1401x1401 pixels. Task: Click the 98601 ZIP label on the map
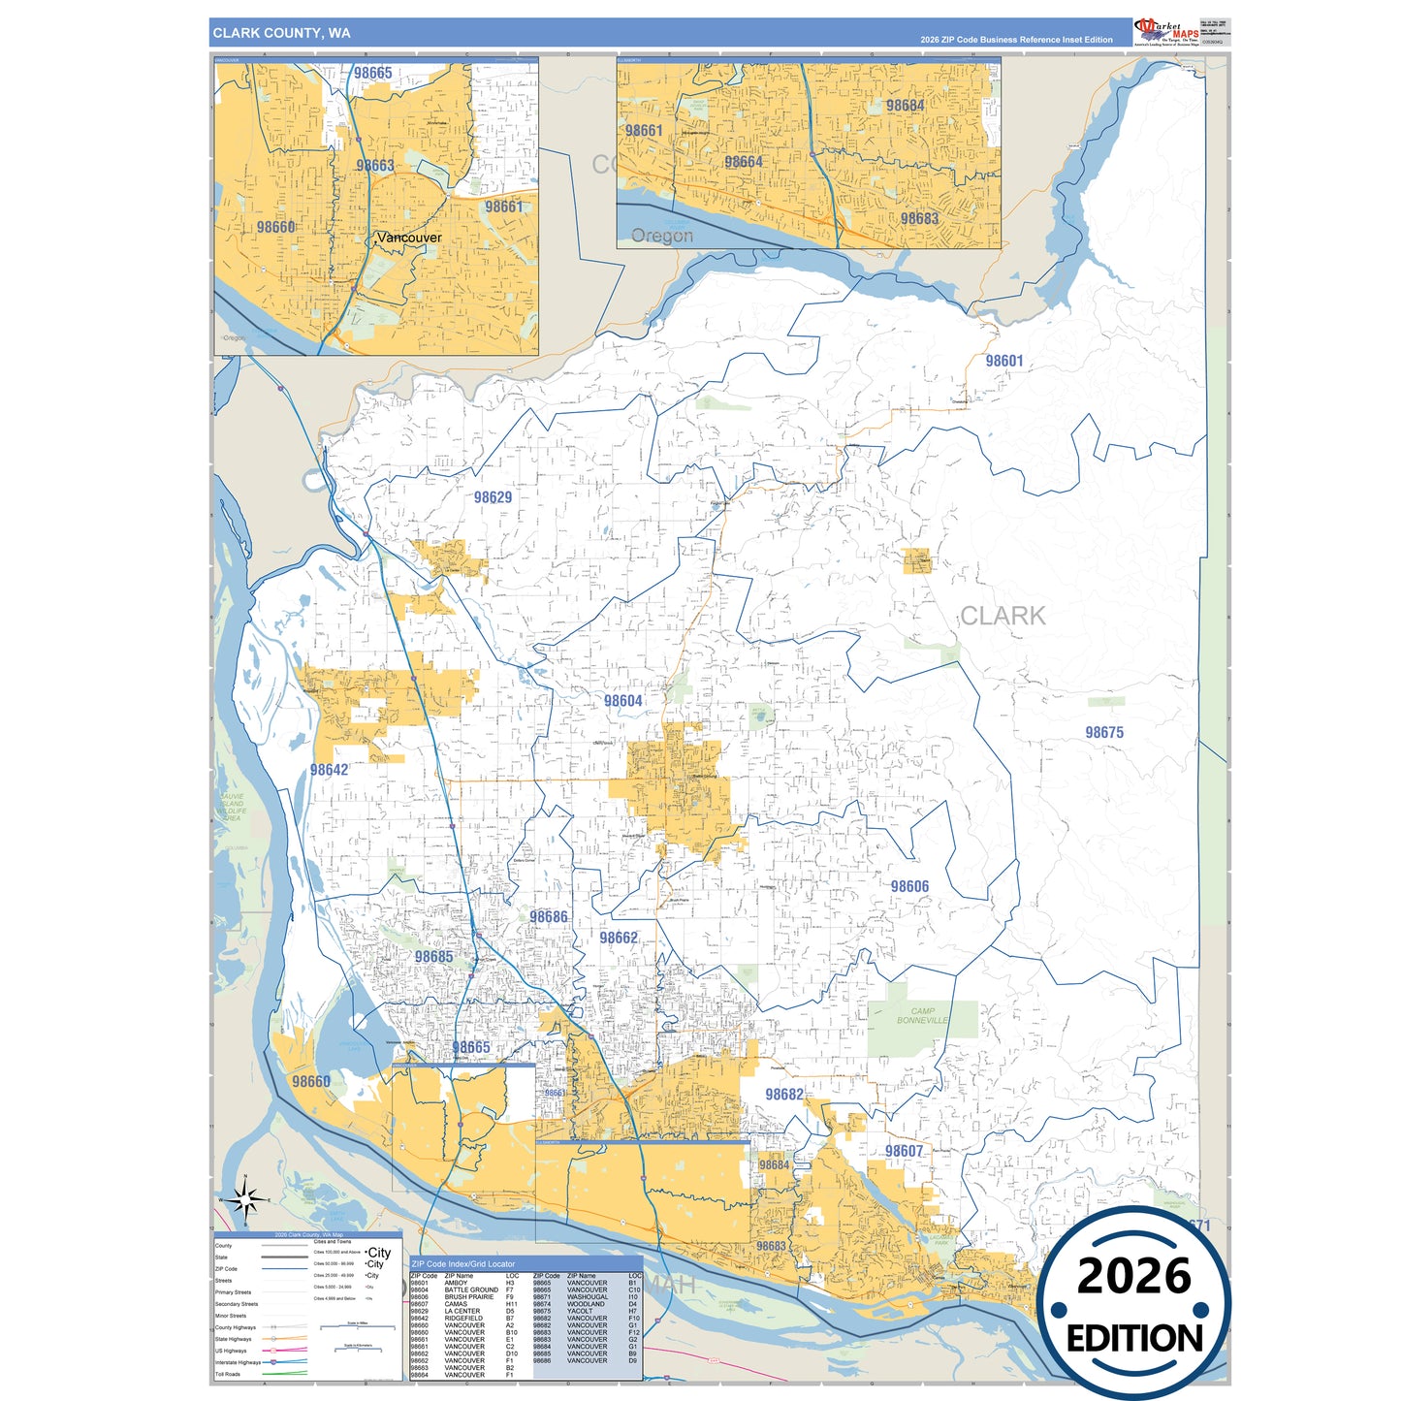[1004, 361]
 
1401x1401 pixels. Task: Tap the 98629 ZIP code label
[493, 497]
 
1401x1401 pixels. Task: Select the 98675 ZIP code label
[1104, 733]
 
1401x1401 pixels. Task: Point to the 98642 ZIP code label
[329, 770]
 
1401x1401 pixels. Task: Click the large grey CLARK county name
[1003, 616]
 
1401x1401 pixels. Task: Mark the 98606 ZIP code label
[909, 886]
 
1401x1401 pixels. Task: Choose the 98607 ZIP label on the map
[904, 1151]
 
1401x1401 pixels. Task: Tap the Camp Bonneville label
[922, 1015]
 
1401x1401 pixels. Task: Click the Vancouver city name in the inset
[408, 238]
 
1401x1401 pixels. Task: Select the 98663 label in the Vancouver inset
[375, 166]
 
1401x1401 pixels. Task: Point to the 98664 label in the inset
[744, 162]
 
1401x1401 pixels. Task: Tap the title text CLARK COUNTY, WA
[282, 33]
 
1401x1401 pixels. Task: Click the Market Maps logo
[1166, 32]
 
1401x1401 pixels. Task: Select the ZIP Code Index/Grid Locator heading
[463, 1264]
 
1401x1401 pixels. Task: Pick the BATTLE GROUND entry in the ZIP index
[471, 1290]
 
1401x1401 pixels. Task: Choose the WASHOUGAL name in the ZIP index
[588, 1297]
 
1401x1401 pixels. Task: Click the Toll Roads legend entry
[228, 1374]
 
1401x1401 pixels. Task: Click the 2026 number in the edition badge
[1133, 1277]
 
